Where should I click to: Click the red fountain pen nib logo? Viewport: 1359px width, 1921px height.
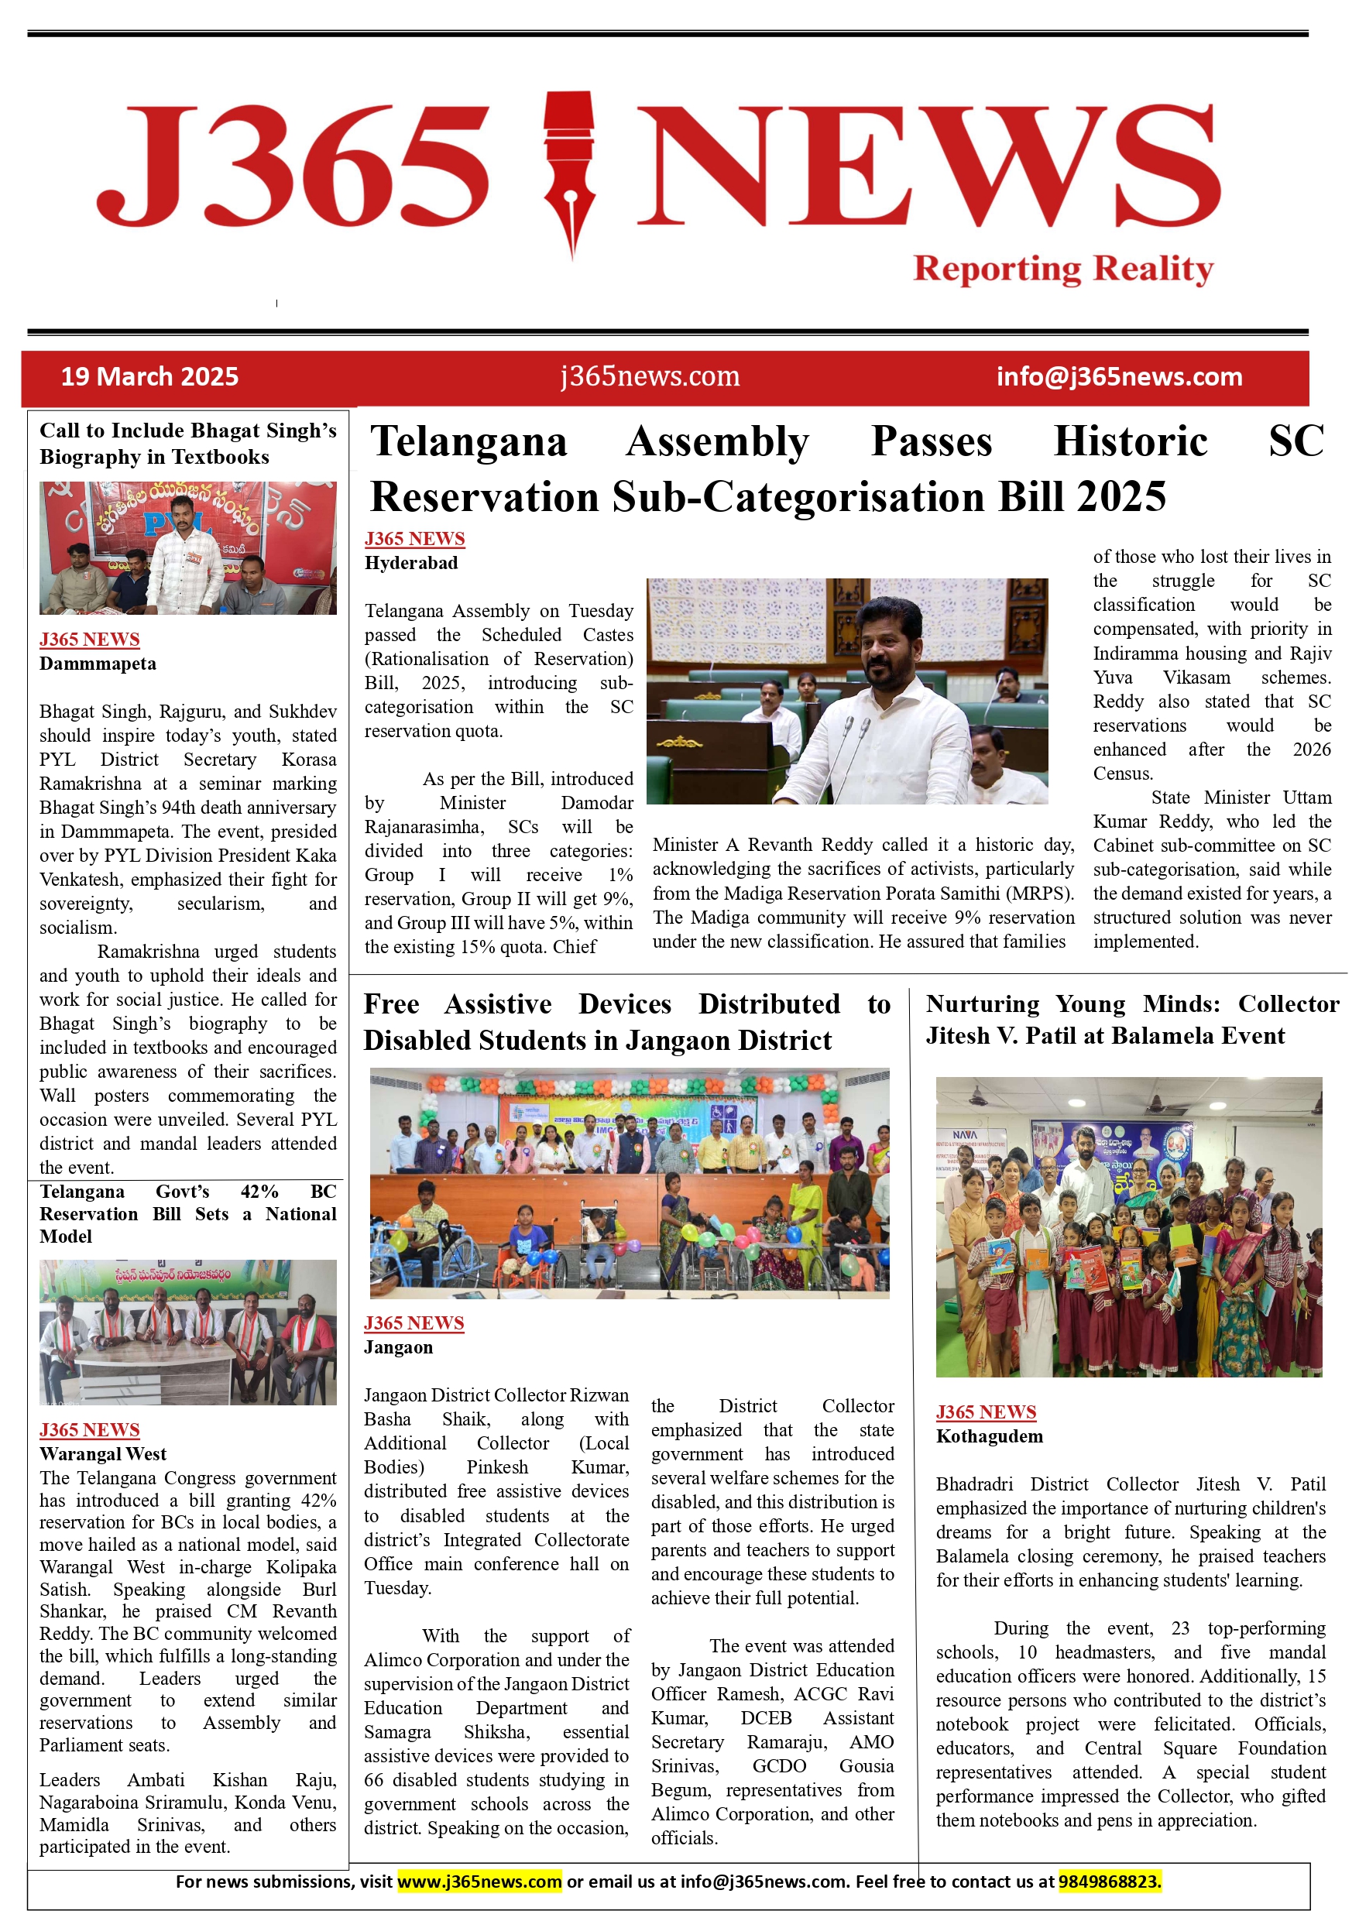pos(570,172)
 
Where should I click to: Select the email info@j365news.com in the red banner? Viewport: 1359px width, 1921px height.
pos(1119,377)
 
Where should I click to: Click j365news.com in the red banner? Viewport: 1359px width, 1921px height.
pos(650,376)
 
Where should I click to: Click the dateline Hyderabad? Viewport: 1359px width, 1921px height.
pos(411,563)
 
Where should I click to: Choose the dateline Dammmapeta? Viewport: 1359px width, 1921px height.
pos(98,664)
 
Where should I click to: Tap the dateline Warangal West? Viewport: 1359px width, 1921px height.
pos(103,1454)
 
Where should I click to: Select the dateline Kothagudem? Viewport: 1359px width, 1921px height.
pos(989,1436)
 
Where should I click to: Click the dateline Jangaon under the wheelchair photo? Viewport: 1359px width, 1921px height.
pos(398,1347)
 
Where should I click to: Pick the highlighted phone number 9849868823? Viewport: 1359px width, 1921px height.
pos(1110,1882)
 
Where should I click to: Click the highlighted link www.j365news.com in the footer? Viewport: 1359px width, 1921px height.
pos(479,1882)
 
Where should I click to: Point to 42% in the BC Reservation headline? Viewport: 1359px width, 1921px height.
pos(259,1192)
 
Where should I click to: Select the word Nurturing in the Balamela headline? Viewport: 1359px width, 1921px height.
pos(983,1004)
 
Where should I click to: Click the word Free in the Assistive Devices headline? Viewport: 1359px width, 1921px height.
pos(392,1004)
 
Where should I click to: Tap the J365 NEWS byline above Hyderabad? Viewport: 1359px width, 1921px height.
pos(414,539)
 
